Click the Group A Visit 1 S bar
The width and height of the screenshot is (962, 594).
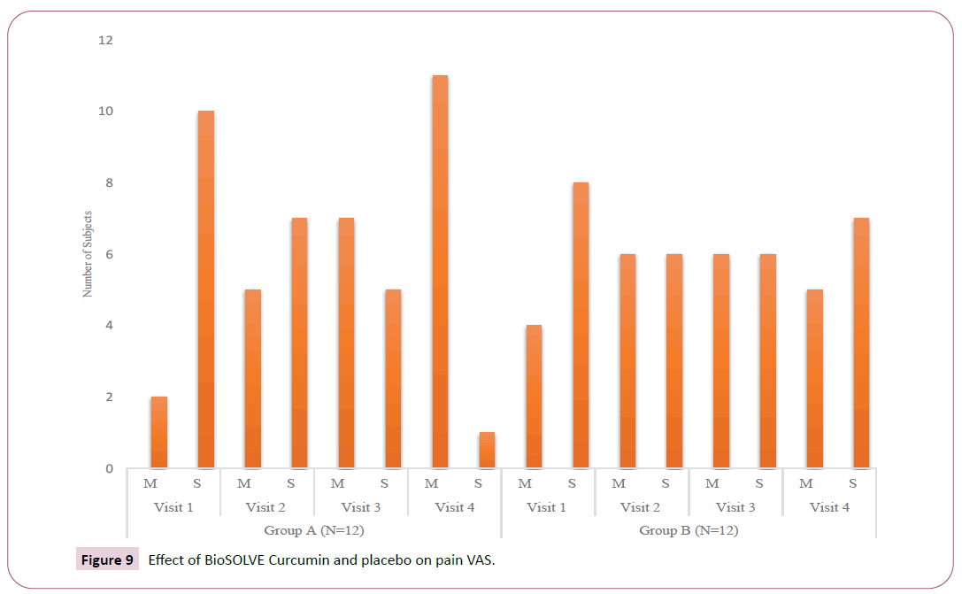point(205,289)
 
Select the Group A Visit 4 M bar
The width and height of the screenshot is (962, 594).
point(439,272)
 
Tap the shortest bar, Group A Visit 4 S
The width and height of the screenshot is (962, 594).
point(487,450)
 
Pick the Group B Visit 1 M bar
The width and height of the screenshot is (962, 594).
point(533,397)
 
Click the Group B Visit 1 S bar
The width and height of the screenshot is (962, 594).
point(580,325)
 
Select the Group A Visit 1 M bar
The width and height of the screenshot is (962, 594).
point(158,432)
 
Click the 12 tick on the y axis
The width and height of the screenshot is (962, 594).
point(106,41)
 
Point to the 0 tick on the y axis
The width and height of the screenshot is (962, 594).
point(110,468)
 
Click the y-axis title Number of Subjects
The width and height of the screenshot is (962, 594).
point(88,253)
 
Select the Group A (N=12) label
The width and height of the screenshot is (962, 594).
point(313,530)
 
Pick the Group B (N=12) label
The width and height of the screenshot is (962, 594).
point(689,530)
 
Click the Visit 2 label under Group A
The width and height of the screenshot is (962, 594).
point(266,507)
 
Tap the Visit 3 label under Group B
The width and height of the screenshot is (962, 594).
point(735,507)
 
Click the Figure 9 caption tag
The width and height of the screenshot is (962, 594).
point(107,559)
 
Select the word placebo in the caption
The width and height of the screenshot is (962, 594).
point(383,559)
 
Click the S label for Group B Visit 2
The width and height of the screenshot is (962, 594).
point(666,483)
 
